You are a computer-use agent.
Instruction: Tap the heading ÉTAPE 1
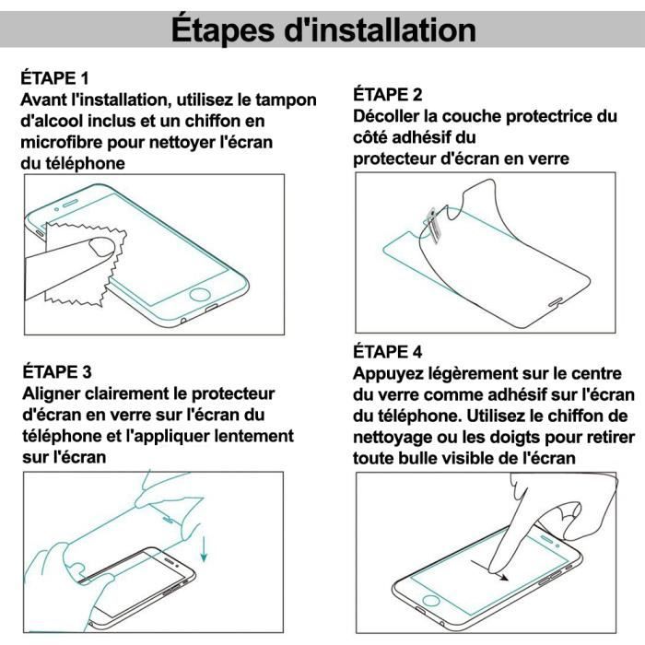click(x=55, y=77)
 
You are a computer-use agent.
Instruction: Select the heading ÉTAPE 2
click(x=388, y=95)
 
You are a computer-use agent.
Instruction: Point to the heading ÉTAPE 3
click(x=55, y=372)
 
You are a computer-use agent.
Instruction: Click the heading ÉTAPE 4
click(x=388, y=353)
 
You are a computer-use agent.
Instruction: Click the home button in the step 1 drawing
click(x=201, y=298)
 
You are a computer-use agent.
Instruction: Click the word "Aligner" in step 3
click(x=53, y=393)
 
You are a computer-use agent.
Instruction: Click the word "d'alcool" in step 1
click(x=53, y=121)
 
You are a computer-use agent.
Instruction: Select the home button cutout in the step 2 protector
click(x=555, y=301)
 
